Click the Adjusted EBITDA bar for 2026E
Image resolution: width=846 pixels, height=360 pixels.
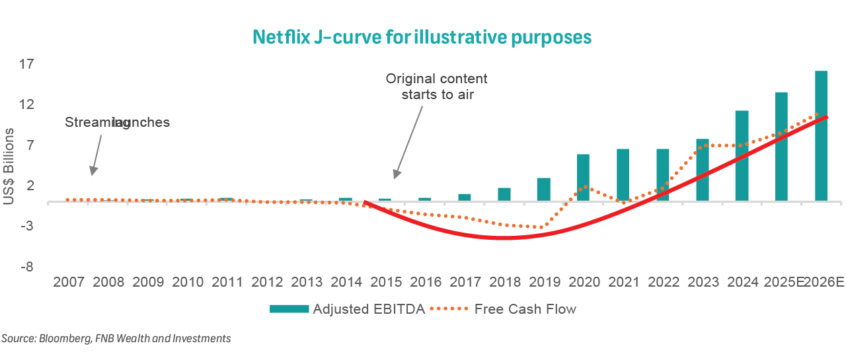click(821, 135)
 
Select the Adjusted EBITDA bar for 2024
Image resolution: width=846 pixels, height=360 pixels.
click(742, 155)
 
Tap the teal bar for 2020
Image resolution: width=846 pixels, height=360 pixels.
click(583, 177)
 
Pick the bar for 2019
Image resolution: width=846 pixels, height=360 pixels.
click(543, 189)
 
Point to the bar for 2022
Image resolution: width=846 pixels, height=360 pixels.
click(662, 174)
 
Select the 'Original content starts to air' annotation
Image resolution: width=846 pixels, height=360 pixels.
click(436, 87)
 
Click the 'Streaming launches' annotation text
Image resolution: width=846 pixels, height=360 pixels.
click(117, 123)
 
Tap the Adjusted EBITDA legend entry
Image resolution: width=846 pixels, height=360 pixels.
click(347, 309)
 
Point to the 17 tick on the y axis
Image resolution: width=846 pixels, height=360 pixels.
click(26, 65)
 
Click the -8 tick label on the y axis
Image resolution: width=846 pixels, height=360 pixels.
click(26, 268)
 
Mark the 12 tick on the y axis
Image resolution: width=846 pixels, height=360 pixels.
click(26, 105)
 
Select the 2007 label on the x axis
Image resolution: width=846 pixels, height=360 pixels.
click(69, 283)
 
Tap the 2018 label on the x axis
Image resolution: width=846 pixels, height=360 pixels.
click(505, 283)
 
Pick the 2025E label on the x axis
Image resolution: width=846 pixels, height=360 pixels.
click(783, 283)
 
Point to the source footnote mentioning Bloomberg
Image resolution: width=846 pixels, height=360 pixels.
click(116, 338)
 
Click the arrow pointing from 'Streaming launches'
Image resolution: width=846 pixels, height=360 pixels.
click(96, 155)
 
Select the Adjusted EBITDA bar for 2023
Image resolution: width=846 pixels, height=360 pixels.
click(702, 170)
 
